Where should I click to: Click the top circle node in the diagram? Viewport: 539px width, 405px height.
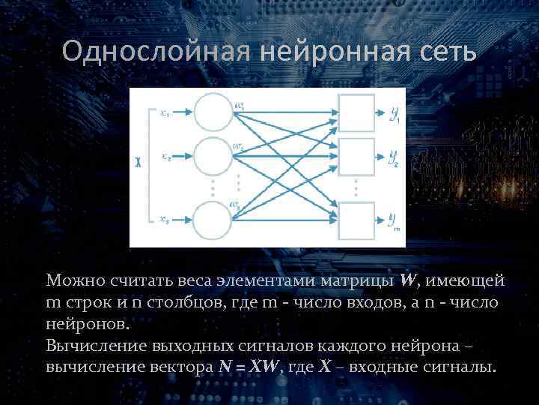click(x=213, y=112)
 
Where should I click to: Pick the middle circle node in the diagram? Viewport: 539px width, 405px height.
click(x=213, y=156)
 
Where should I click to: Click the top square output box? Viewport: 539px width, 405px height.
click(x=356, y=113)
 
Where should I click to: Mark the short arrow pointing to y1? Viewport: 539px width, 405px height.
click(x=380, y=113)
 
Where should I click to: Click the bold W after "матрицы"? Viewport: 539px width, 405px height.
click(x=409, y=280)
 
